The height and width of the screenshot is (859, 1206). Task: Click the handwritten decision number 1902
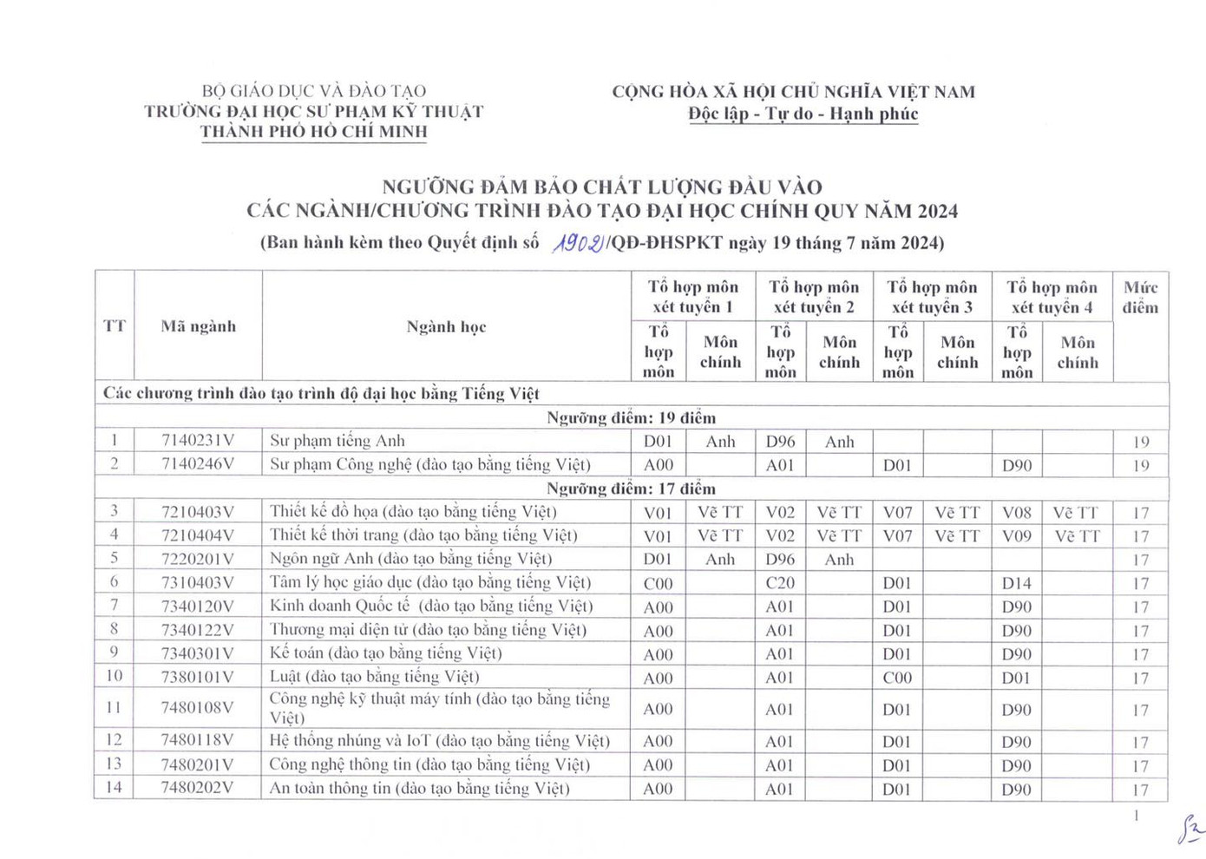coord(578,243)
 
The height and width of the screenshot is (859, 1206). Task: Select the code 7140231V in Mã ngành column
coord(198,441)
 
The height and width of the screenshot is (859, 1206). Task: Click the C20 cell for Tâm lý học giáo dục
coord(780,583)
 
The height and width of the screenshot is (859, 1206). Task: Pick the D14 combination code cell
coord(1017,583)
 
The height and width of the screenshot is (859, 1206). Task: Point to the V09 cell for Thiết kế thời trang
coord(1017,536)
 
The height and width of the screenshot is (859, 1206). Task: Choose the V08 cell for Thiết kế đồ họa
coord(1017,513)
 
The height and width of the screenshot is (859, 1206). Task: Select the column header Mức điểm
coord(1140,297)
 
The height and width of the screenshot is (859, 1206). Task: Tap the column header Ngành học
coord(446,326)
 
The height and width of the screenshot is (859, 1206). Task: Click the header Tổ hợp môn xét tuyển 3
coord(932,297)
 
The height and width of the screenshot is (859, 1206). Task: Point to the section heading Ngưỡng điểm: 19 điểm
coord(631,417)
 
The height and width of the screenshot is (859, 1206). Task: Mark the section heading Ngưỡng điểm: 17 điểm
coord(631,489)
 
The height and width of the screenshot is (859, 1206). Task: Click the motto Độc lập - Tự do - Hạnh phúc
coord(803,114)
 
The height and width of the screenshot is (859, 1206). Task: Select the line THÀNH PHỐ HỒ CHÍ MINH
coord(314,132)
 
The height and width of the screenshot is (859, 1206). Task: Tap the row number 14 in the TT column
coord(114,788)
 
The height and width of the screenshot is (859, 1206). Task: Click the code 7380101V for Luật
coord(198,677)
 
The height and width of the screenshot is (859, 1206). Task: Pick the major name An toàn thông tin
coord(419,788)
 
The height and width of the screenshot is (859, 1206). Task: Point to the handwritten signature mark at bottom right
coord(1190,829)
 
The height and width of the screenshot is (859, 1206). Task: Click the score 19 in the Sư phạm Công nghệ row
coord(1140,465)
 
